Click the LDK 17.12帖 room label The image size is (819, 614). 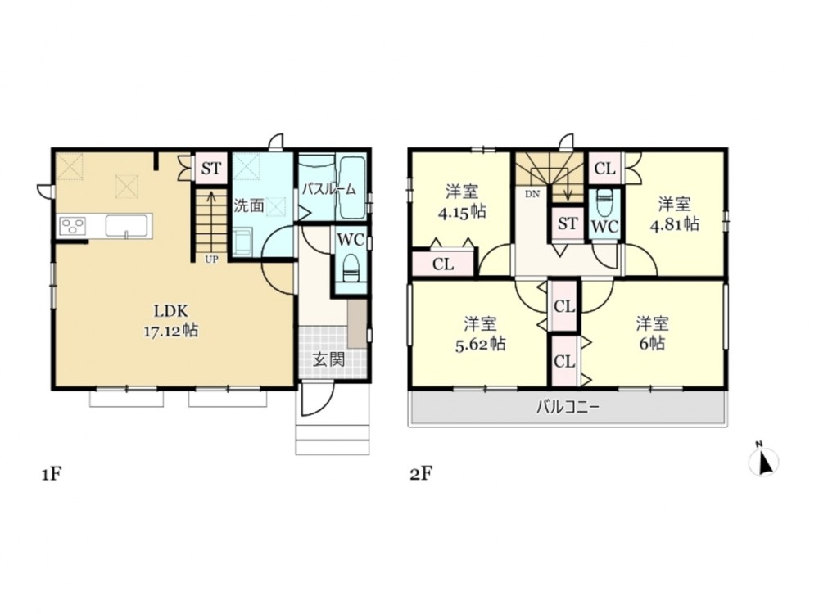(x=170, y=321)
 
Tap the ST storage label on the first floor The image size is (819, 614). (x=211, y=169)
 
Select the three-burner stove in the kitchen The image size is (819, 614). (x=73, y=227)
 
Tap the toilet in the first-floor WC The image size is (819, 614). (x=351, y=268)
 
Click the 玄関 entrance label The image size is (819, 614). (x=328, y=359)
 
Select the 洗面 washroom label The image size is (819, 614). (x=249, y=205)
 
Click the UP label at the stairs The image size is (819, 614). (x=211, y=259)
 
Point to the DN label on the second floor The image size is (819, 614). (x=532, y=194)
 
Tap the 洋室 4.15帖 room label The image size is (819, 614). (x=462, y=201)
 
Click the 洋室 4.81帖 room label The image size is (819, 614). (x=674, y=214)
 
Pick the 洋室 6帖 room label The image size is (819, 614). (x=653, y=334)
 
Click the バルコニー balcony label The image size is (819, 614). (x=568, y=407)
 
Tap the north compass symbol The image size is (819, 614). (x=763, y=460)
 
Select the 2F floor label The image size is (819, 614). (x=421, y=474)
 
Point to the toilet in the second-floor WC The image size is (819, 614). (x=604, y=202)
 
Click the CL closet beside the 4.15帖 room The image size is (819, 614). (x=443, y=264)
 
